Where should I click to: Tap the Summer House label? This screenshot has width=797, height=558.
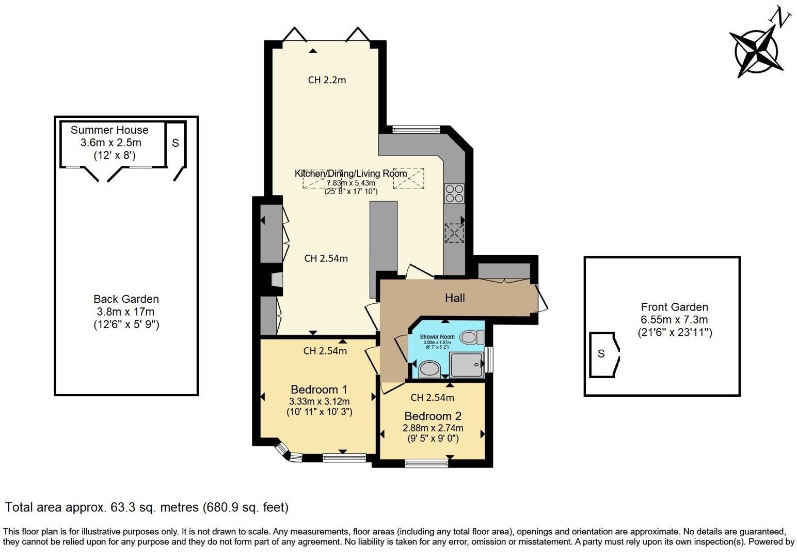pos(109,130)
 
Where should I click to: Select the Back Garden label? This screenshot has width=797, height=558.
pos(126,299)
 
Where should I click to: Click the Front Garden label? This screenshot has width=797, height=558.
pos(674,307)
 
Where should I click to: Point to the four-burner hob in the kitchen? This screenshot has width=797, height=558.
pos(454,194)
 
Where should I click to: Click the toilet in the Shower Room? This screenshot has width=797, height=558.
pos(471,337)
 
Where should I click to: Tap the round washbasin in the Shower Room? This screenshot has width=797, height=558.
pos(429,369)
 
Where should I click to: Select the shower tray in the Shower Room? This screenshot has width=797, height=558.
pos(467,365)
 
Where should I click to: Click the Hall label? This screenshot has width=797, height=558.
pos(455,298)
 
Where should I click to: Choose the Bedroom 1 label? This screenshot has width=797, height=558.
pos(318,390)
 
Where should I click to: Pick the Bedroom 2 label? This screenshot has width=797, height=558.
pos(433,416)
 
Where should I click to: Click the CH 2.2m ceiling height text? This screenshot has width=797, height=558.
pos(327,80)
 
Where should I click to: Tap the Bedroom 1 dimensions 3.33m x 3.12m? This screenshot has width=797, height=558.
pos(319,401)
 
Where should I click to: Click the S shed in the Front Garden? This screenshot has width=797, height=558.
pos(602,354)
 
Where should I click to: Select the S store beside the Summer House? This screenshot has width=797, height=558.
pos(176,143)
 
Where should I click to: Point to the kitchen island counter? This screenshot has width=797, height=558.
pos(384,238)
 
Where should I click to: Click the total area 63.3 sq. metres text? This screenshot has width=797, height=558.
pos(147,507)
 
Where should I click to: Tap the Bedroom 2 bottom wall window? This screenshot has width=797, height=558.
pos(426,463)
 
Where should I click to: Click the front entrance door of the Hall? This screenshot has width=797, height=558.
pos(541,298)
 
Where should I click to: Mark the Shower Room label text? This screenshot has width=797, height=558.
pos(437,337)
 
